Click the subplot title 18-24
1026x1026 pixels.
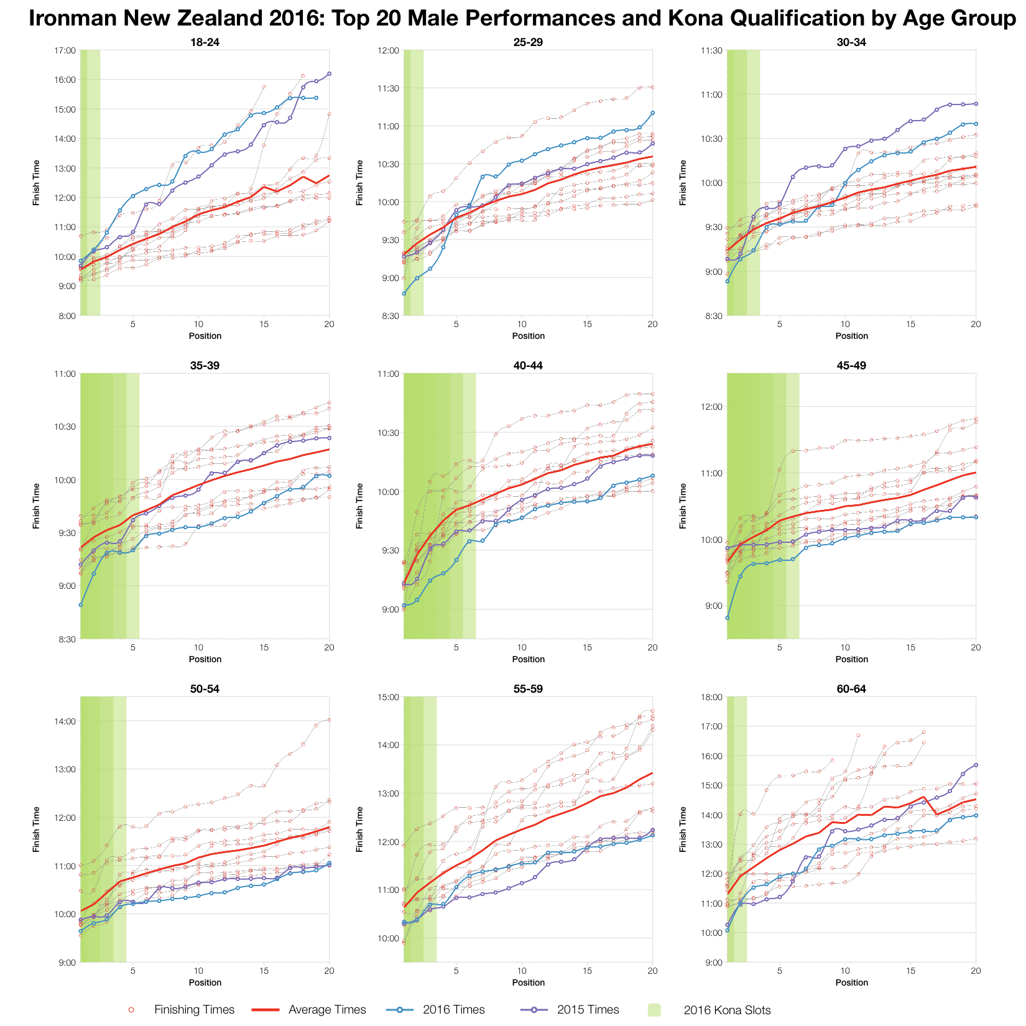(x=205, y=42)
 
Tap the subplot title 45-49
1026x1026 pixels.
(x=851, y=366)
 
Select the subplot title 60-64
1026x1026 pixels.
(x=851, y=689)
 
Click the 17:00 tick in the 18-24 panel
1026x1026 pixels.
(x=65, y=50)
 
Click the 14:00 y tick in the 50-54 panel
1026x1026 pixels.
(x=65, y=721)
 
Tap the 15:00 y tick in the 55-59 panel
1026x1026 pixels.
(x=389, y=697)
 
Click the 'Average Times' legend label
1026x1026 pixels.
(x=328, y=1010)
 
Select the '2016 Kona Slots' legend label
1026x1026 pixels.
(x=727, y=1010)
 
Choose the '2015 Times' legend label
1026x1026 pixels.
(x=588, y=1010)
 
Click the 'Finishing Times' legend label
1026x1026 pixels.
(x=194, y=1010)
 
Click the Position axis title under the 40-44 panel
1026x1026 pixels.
(x=528, y=659)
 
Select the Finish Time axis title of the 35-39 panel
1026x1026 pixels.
(x=37, y=506)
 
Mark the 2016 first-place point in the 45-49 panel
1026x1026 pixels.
(x=728, y=618)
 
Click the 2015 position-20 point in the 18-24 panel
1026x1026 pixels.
(x=329, y=74)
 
